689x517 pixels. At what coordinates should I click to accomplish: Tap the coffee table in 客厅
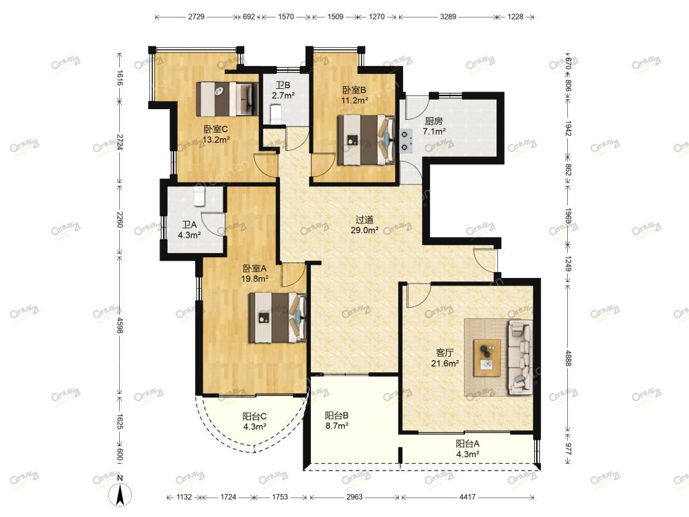(x=487, y=358)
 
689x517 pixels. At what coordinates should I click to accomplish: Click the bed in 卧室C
(x=227, y=98)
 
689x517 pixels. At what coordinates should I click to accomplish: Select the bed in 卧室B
(x=366, y=140)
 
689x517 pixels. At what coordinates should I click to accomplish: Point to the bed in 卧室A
(x=277, y=318)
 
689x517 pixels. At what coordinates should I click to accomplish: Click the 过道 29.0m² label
(x=365, y=225)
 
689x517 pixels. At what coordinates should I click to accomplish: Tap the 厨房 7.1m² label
(x=434, y=126)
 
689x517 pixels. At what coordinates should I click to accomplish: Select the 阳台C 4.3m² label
(x=254, y=421)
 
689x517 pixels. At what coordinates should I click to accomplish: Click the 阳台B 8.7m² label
(x=337, y=420)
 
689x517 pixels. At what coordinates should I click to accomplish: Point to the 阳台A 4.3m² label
(x=468, y=449)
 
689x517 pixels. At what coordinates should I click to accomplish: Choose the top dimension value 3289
(x=447, y=17)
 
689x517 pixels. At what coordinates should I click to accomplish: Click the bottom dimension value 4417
(x=468, y=497)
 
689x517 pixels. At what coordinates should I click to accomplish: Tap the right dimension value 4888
(x=568, y=358)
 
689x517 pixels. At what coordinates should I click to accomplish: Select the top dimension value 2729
(x=196, y=17)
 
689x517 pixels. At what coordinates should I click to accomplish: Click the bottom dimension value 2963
(x=355, y=497)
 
